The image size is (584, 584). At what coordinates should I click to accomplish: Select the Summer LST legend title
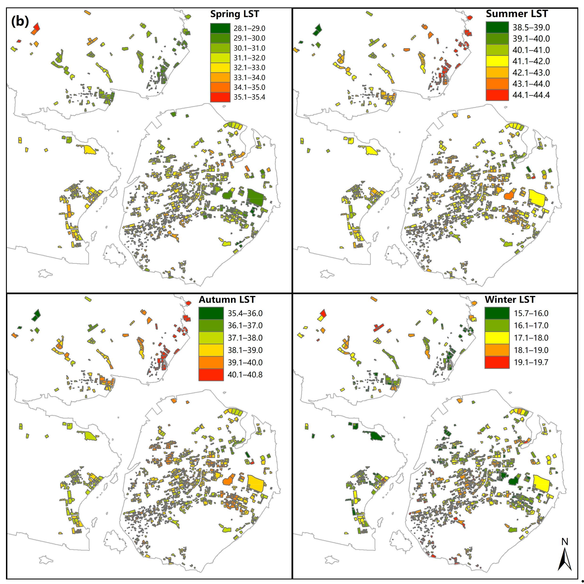(x=517, y=14)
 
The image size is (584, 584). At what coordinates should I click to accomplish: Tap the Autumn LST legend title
(x=227, y=299)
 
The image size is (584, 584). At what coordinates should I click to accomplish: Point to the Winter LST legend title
(x=510, y=299)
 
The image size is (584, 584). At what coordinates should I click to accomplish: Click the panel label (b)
(x=20, y=22)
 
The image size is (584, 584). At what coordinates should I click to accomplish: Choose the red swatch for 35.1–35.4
(x=220, y=97)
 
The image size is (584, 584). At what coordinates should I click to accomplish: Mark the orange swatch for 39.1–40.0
(x=211, y=362)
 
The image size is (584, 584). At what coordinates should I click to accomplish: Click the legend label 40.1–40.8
(x=245, y=374)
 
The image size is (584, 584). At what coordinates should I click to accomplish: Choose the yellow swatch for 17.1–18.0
(x=497, y=338)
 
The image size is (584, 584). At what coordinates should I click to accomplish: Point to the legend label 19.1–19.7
(x=531, y=362)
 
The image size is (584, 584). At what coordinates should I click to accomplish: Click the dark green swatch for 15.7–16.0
(x=497, y=313)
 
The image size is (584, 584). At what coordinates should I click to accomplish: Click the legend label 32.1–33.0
(x=249, y=68)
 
